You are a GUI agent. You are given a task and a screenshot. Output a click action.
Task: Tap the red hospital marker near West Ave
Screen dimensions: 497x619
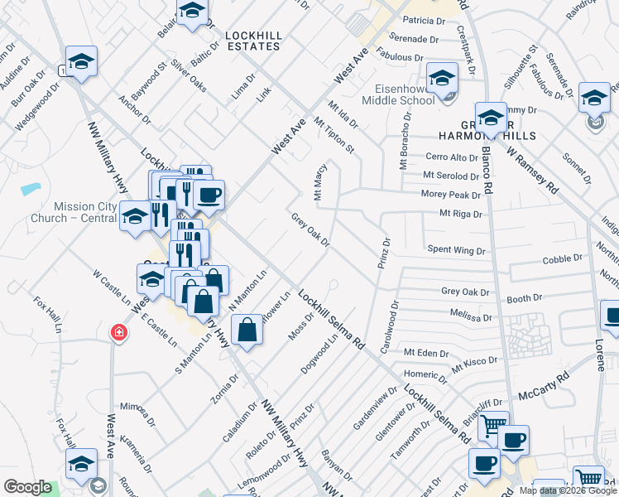click(120, 332)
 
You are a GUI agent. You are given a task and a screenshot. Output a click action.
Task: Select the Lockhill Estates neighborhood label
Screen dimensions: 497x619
click(257, 41)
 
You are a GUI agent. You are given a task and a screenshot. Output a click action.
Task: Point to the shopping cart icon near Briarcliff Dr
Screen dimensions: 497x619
click(493, 425)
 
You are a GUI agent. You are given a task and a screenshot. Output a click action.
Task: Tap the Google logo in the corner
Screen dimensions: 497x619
click(27, 487)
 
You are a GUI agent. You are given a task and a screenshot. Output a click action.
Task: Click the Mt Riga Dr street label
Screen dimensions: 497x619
click(460, 213)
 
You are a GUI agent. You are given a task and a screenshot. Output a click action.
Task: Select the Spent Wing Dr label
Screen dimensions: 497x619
click(456, 248)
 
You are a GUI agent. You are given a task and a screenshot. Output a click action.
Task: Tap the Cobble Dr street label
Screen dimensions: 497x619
click(563, 260)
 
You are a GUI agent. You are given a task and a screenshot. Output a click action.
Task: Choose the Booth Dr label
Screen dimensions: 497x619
click(525, 297)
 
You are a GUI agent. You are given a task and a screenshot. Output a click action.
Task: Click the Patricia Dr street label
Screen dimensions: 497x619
click(424, 20)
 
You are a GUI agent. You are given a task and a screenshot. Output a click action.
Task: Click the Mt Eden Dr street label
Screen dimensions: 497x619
click(425, 353)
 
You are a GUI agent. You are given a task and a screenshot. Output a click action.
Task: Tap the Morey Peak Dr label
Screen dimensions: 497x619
click(451, 195)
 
